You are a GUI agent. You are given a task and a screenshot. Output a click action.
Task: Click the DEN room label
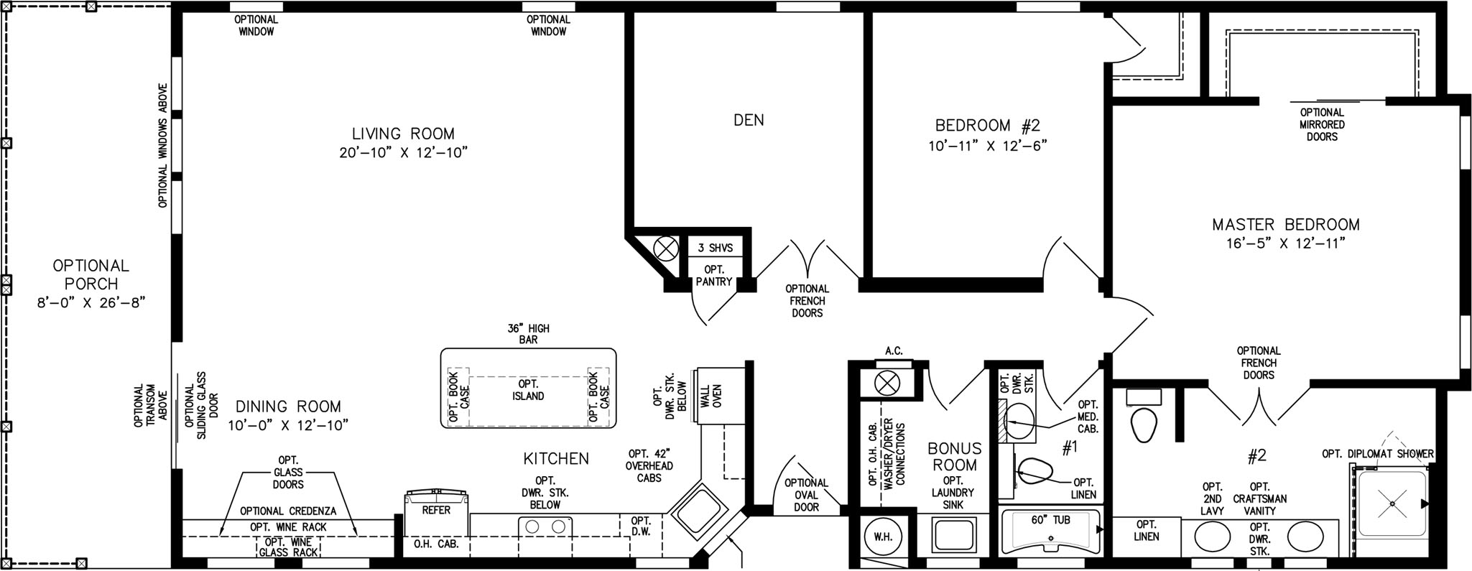coord(749,120)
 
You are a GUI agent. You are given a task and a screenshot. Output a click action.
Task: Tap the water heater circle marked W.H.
coord(883,537)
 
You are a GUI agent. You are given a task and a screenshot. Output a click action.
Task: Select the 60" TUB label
coord(1050,519)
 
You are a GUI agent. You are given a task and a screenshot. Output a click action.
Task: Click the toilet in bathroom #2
coord(1142,425)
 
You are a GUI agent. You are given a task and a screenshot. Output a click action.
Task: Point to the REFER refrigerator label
coord(436,510)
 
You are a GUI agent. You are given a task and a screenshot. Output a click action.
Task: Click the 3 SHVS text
coord(716,248)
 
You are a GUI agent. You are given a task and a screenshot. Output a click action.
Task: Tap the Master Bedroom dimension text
coord(1285,243)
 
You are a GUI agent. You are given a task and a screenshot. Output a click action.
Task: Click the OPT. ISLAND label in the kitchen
coord(528,390)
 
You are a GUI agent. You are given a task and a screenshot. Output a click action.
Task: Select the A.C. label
coord(894,351)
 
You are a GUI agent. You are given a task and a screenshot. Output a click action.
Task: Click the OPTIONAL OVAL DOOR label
coord(806,495)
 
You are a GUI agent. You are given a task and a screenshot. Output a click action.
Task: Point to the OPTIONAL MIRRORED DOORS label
coord(1322,124)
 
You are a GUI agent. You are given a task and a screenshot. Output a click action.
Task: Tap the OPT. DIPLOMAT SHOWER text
coord(1378,454)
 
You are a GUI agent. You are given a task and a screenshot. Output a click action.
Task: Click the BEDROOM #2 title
coord(987,126)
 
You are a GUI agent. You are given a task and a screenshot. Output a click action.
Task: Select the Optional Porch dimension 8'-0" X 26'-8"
coord(91,302)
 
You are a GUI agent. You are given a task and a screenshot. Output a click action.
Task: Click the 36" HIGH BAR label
coord(528,334)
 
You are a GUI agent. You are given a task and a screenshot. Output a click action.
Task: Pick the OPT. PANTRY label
coord(714,276)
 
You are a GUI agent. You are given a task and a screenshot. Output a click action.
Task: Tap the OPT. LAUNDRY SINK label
coord(953,493)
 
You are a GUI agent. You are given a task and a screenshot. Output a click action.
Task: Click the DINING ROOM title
coord(288,407)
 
